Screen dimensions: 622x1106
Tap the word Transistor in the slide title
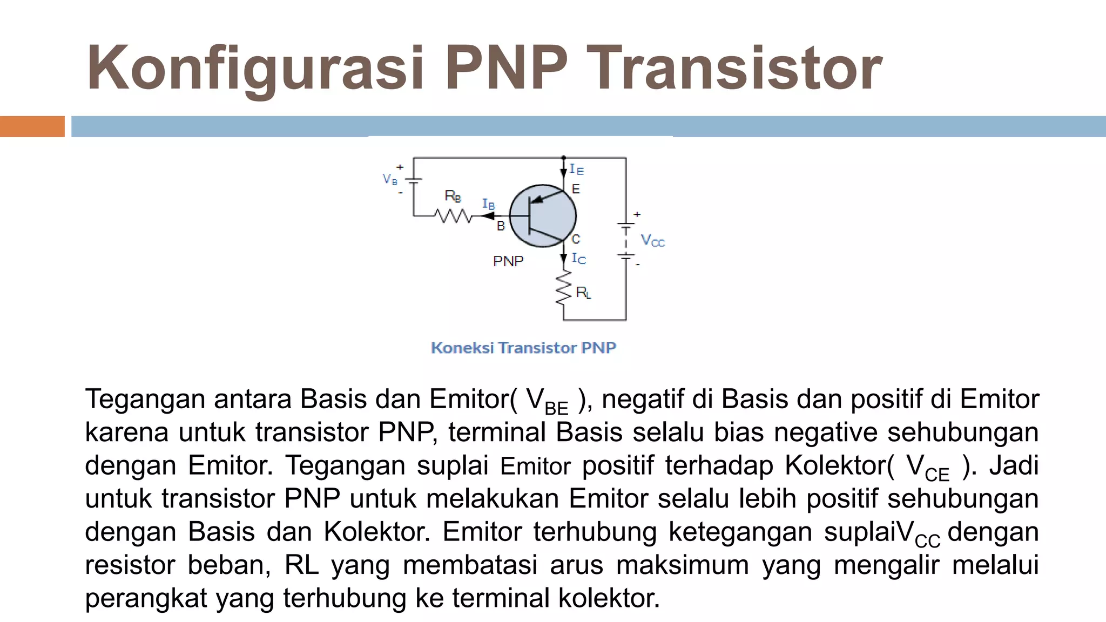point(734,69)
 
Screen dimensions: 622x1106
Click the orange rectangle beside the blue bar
point(32,126)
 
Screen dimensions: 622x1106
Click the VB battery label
point(389,179)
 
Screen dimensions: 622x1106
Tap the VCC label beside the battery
point(652,240)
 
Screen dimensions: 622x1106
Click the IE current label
point(576,170)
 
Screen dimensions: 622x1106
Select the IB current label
point(488,204)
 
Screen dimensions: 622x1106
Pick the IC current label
point(578,259)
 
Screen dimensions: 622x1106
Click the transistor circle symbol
point(543,216)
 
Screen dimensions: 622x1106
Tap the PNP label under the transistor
point(508,261)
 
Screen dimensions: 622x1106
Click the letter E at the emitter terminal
point(576,189)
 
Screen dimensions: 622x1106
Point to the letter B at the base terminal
point(501,226)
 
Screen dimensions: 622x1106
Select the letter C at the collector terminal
point(576,239)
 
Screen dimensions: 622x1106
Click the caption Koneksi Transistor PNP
point(523,348)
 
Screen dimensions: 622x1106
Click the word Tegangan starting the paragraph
point(145,400)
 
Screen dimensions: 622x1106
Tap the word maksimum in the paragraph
point(683,565)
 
